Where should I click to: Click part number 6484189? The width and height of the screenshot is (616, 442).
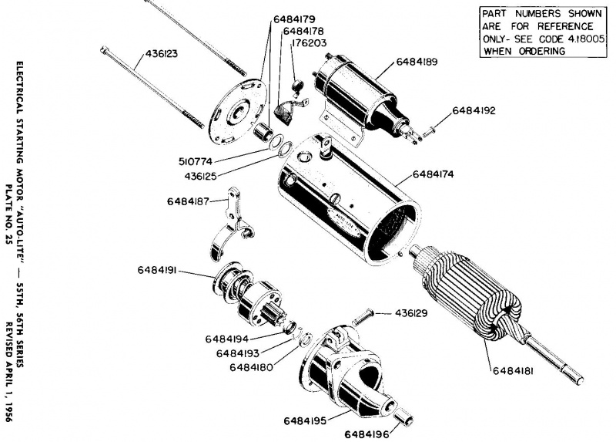point(417,61)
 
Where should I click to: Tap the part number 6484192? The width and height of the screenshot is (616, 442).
point(474,110)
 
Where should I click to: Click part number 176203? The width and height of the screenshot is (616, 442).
point(311,44)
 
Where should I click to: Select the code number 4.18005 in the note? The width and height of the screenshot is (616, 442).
point(569,39)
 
